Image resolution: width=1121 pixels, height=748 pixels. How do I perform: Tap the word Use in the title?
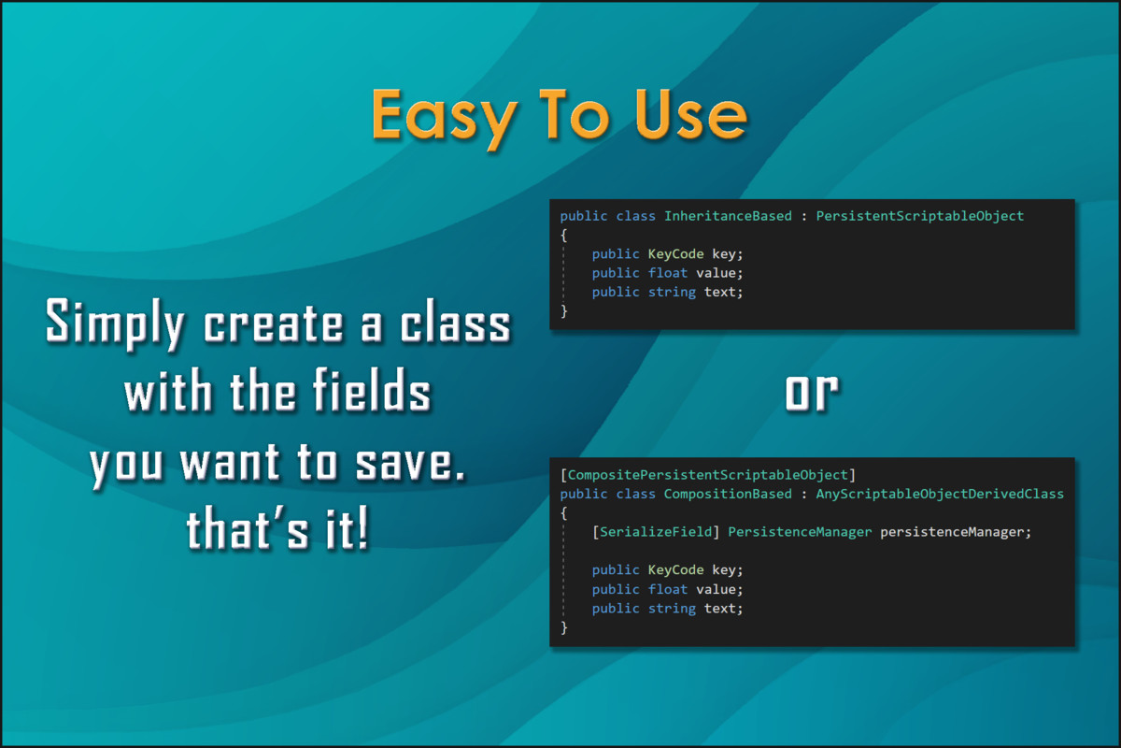click(686, 115)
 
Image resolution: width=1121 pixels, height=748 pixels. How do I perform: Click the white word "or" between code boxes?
click(811, 394)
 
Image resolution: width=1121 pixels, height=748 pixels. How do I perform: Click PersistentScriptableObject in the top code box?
click(920, 216)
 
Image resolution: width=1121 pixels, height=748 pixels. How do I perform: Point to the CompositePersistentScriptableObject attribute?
click(708, 475)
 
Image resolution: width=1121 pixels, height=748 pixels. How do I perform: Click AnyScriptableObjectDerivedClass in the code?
click(940, 494)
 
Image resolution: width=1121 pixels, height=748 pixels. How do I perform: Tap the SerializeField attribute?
click(657, 532)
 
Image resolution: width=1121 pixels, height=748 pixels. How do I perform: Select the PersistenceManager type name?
click(800, 532)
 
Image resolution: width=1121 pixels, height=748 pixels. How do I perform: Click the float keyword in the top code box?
click(667, 273)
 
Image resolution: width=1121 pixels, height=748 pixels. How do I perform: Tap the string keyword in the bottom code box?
click(672, 609)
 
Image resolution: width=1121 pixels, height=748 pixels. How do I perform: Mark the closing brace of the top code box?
click(564, 311)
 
